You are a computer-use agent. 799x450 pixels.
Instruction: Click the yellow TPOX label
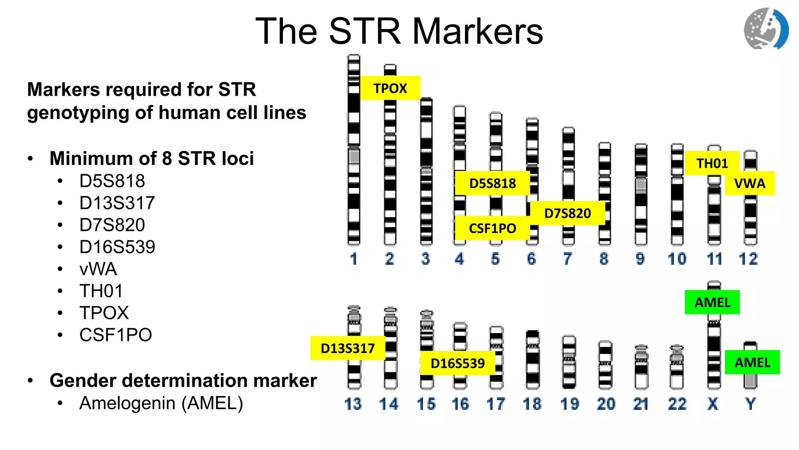(390, 88)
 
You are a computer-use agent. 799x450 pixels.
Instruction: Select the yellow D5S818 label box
(492, 183)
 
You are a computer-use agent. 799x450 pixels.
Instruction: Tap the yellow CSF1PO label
(492, 228)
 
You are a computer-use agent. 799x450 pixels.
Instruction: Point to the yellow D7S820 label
(567, 213)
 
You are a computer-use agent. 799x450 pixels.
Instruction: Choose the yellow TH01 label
(712, 163)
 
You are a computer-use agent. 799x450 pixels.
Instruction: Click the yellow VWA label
(749, 183)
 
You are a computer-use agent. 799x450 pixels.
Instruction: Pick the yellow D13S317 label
(348, 348)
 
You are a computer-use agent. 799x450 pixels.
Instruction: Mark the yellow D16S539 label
(457, 363)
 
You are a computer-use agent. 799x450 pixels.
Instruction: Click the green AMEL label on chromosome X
(712, 302)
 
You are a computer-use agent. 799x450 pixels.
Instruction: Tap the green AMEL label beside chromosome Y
(752, 362)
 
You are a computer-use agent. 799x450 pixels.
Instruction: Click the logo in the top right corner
(766, 29)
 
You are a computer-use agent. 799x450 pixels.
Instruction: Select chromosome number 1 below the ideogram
(354, 259)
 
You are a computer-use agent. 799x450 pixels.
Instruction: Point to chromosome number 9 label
(640, 259)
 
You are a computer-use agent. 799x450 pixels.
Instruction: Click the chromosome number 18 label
(532, 404)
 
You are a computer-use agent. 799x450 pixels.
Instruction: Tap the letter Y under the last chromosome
(750, 404)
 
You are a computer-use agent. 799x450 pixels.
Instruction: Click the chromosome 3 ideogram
(426, 172)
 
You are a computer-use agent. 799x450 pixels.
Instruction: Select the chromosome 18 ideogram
(533, 359)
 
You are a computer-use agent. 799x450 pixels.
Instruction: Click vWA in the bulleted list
(98, 269)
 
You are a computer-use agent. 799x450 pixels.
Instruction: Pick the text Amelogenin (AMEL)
(161, 403)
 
